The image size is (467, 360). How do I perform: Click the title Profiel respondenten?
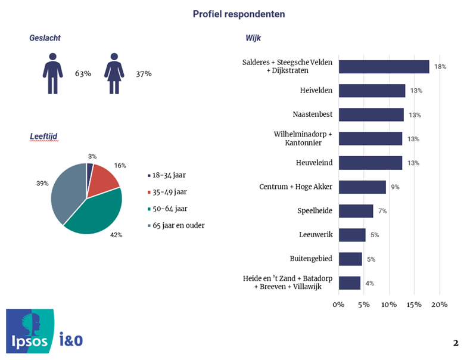239,14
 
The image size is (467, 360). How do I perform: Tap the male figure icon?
52,73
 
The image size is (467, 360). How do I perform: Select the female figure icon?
114,73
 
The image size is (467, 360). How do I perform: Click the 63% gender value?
83,73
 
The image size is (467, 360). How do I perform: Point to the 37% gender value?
144,73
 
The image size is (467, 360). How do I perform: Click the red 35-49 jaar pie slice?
104,179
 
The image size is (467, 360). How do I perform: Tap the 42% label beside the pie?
116,235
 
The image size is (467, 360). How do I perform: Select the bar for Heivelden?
372,91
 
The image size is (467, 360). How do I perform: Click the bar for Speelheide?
356,211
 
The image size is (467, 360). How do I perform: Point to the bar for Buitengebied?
350,259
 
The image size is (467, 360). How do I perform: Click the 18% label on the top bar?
440,67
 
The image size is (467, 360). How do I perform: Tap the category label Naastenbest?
313,115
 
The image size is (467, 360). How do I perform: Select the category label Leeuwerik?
316,235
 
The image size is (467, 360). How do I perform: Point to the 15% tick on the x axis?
415,305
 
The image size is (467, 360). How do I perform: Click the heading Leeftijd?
43,136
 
